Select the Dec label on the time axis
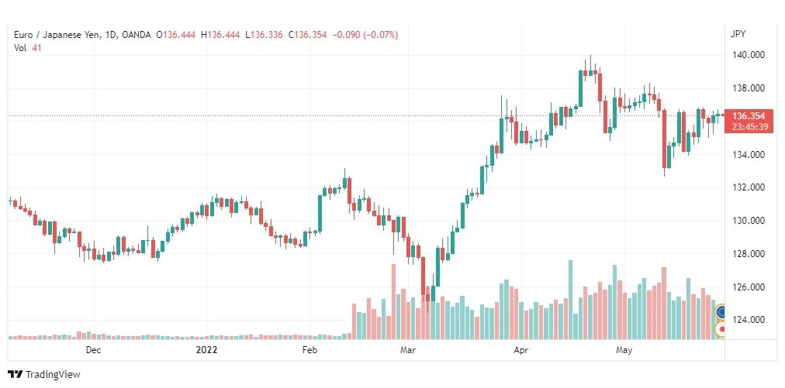pyautogui.click(x=93, y=350)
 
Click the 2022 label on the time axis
pyautogui.click(x=206, y=350)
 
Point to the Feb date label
pyautogui.click(x=310, y=350)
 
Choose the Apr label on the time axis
pyautogui.click(x=520, y=350)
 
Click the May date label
pyautogui.click(x=624, y=350)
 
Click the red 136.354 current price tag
pyautogui.click(x=749, y=115)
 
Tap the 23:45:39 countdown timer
pyautogui.click(x=749, y=126)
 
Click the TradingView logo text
pyautogui.click(x=52, y=374)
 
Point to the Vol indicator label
pyautogui.click(x=20, y=47)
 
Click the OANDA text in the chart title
pyautogui.click(x=137, y=34)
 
